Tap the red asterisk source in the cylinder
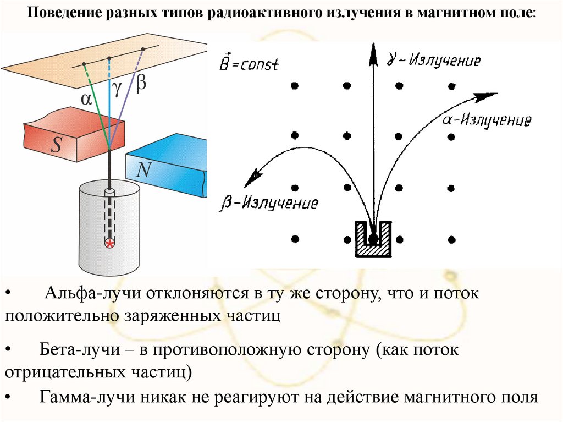[x=110, y=243]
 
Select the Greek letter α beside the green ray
[x=86, y=99]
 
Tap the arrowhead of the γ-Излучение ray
[x=373, y=50]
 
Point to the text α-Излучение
[x=487, y=119]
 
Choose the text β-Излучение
[x=269, y=202]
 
